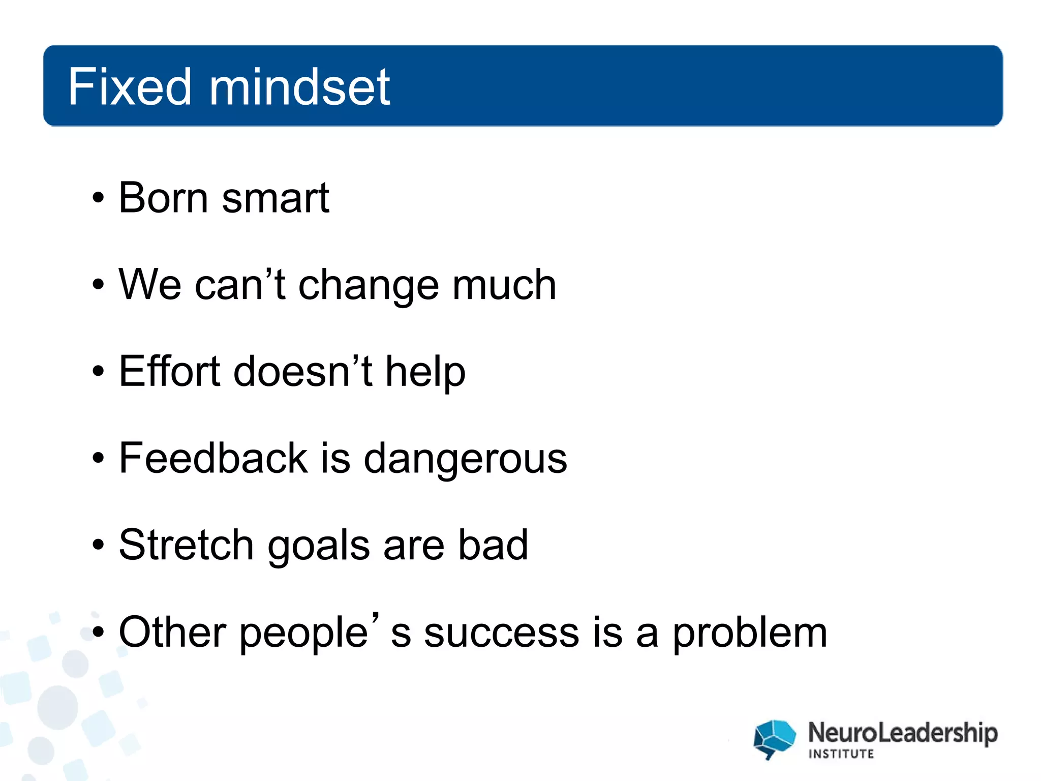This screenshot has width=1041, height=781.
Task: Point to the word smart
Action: point(275,198)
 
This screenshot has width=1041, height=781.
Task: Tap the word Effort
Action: point(170,371)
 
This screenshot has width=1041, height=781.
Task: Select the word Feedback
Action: point(213,458)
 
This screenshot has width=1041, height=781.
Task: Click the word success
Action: point(501,633)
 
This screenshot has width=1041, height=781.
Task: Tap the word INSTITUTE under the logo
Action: point(841,754)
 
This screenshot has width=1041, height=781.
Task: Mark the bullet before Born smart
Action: point(98,198)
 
